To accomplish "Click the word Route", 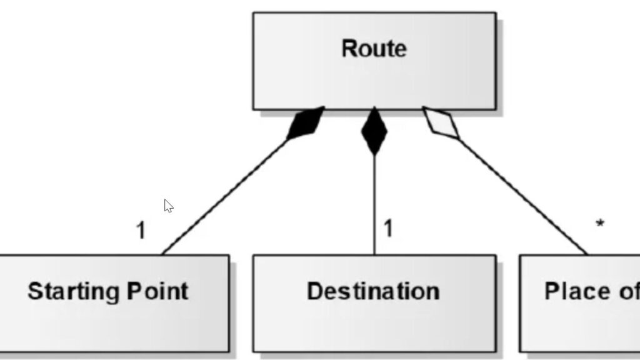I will (x=374, y=49).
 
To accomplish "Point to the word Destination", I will (x=373, y=291).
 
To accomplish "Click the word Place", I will (x=577, y=291).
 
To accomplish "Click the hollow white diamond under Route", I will (x=441, y=122).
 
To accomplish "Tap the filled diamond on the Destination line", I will (x=374, y=131).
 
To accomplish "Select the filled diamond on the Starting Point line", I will (x=306, y=123).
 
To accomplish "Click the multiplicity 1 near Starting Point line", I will (x=141, y=231).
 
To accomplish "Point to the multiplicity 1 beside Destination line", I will (x=388, y=228).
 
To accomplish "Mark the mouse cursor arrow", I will (x=167, y=206).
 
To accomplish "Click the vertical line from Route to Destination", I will (x=374, y=200).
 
